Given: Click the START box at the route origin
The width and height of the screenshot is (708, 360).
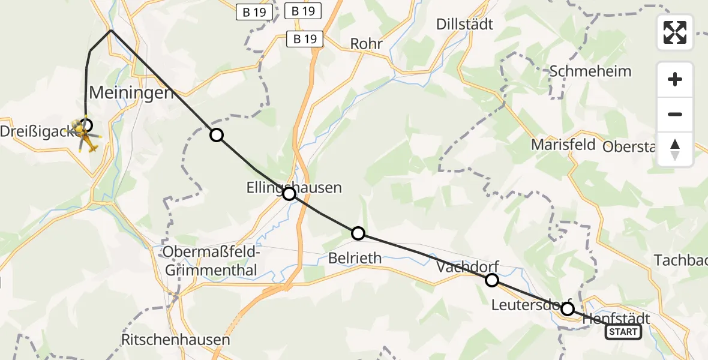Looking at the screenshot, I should pos(623,332).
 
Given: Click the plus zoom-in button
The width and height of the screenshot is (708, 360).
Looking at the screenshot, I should pos(675,79).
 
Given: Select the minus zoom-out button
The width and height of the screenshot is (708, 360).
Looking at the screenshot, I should pos(675,114).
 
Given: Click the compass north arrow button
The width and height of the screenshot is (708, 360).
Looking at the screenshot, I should pos(675,149).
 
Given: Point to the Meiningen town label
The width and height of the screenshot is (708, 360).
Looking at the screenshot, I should pos(131,93).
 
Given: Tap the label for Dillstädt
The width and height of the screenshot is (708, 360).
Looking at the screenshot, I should pos(465,24).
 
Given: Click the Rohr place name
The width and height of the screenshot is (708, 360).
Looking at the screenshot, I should pos(366,44).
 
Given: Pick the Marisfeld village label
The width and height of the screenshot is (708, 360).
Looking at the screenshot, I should pos(563,145).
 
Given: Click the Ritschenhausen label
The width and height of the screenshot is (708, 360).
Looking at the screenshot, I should pos(175,340).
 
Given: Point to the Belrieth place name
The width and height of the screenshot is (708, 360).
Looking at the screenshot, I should pos(355,258).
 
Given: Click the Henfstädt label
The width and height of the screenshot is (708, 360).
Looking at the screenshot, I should pos(616,319).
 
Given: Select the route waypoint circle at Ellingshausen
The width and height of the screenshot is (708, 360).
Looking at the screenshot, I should pos(289,194).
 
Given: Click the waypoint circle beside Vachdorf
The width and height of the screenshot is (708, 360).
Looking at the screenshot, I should pos(492,280).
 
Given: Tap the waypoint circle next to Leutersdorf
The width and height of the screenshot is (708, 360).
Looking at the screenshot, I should pos(567,309).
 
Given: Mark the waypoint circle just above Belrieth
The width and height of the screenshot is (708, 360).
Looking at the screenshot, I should pos(358,233).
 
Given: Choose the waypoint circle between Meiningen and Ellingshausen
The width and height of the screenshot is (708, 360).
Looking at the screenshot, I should pos(217,135).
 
